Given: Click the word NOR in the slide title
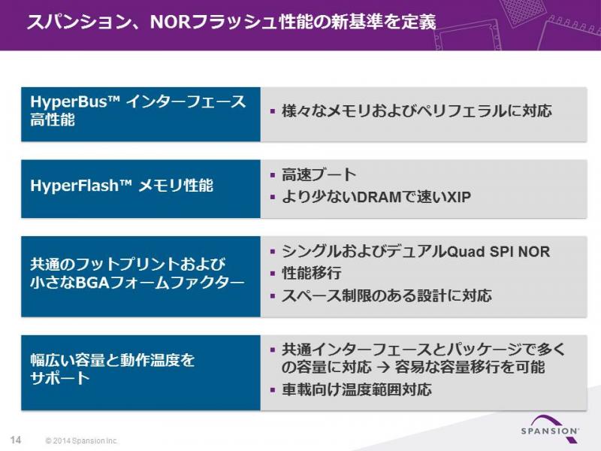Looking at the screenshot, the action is click(171, 23).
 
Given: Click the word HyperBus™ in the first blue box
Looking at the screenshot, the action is click(75, 102).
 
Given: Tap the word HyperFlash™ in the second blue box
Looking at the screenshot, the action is click(81, 186).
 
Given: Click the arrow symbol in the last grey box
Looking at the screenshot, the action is click(383, 368).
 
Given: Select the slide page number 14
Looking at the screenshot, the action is click(16, 440).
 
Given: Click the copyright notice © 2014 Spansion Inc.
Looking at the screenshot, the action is click(81, 440).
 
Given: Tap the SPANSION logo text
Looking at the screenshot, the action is click(550, 431).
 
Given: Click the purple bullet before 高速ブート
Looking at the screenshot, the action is click(273, 175).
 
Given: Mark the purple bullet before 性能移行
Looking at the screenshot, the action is click(273, 274).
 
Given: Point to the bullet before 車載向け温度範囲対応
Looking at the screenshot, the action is click(273, 390).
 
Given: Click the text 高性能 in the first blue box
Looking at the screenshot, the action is click(52, 120).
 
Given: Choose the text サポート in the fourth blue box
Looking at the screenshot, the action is click(60, 378).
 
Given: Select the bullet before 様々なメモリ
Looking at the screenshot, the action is click(273, 111).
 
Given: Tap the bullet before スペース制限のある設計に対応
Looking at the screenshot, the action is click(273, 295).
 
